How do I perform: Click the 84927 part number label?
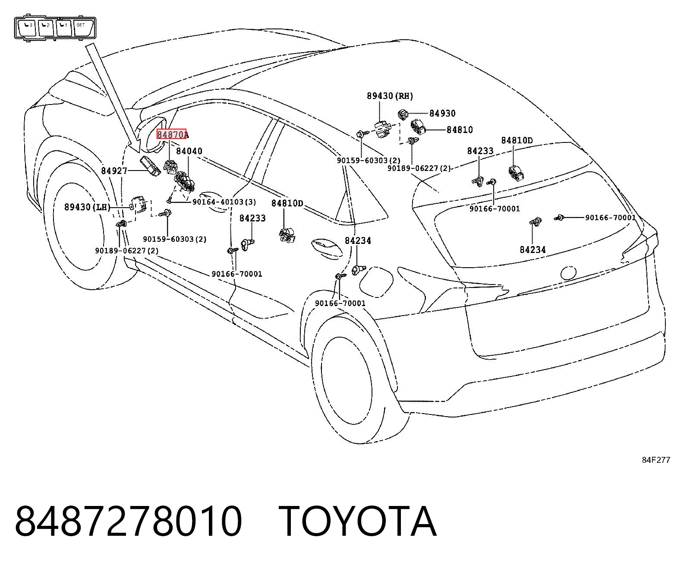coord(114,171)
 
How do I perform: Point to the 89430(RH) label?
coord(390,96)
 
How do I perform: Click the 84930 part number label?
coord(442,113)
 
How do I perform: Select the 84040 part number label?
coord(189,151)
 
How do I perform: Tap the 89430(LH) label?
coord(87,207)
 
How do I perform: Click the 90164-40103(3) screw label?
coord(224,202)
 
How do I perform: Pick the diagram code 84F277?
coord(656,460)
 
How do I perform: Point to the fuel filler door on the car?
coord(376,282)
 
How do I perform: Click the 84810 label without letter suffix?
coord(460,130)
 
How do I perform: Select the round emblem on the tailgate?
coord(569,273)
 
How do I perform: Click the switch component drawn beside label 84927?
coord(150,167)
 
